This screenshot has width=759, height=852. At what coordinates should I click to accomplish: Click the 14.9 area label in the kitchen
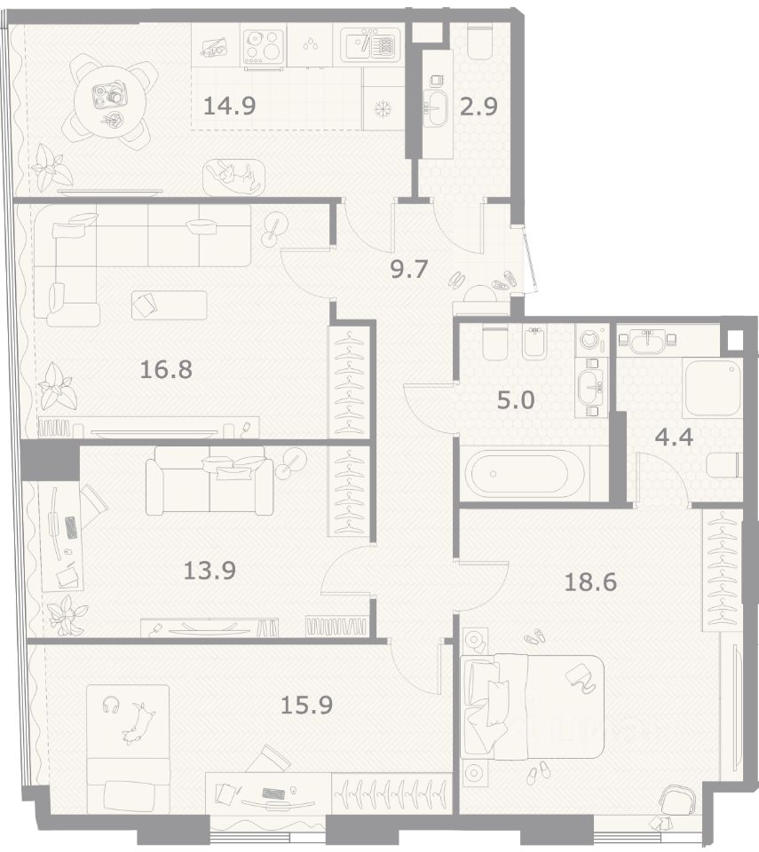click(229, 106)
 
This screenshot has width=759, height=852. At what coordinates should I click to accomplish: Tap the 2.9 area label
click(478, 106)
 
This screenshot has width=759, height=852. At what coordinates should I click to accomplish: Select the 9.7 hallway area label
click(410, 269)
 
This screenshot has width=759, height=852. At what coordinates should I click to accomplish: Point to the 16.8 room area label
click(166, 370)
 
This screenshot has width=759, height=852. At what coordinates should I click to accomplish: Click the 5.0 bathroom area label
click(516, 400)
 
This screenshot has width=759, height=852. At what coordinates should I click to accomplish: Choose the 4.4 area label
click(674, 437)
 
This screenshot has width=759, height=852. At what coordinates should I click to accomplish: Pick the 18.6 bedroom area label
click(590, 582)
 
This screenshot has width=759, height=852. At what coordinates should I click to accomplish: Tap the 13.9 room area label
click(210, 571)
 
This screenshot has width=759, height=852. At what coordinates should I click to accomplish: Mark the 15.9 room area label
click(306, 706)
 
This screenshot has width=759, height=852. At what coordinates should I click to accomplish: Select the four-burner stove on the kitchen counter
click(264, 45)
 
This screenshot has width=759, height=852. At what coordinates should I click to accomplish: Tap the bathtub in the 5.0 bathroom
click(522, 474)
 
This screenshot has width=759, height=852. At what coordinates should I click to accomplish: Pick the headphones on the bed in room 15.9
click(110, 704)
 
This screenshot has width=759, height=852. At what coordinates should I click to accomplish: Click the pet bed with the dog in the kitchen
click(234, 177)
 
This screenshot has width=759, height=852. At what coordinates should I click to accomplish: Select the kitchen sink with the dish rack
click(370, 43)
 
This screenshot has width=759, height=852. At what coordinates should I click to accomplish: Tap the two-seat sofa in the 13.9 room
click(210, 481)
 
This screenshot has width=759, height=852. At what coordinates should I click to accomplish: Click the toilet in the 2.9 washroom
click(480, 43)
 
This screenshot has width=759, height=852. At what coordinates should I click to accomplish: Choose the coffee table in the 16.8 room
click(169, 305)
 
